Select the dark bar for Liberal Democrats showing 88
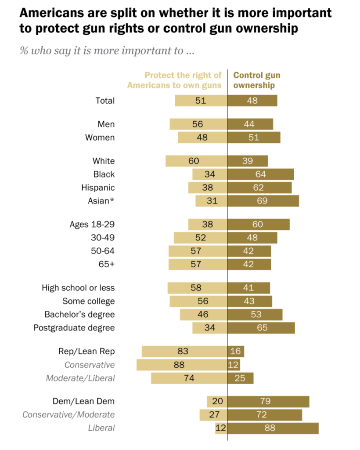(x=273, y=428)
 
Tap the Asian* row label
(x=101, y=201)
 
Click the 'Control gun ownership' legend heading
(x=256, y=80)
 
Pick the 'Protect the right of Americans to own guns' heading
(x=174, y=80)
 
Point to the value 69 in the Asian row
(x=263, y=201)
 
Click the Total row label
(x=105, y=101)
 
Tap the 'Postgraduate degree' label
(x=74, y=328)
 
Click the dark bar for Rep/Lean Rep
(x=236, y=352)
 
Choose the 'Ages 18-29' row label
(x=92, y=225)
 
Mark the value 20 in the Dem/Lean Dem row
(x=216, y=401)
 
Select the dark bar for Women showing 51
(x=254, y=138)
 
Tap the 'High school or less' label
(x=78, y=288)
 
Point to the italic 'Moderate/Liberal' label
(x=80, y=378)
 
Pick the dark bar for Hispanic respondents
(x=259, y=188)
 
